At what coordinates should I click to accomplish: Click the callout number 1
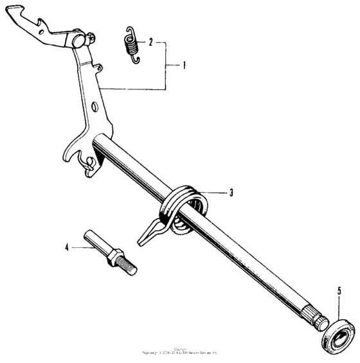point(184,65)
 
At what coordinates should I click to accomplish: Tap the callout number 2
point(151,43)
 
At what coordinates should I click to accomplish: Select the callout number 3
point(231,191)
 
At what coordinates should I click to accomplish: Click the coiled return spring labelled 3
point(184,206)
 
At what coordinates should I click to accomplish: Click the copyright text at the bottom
point(180,353)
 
